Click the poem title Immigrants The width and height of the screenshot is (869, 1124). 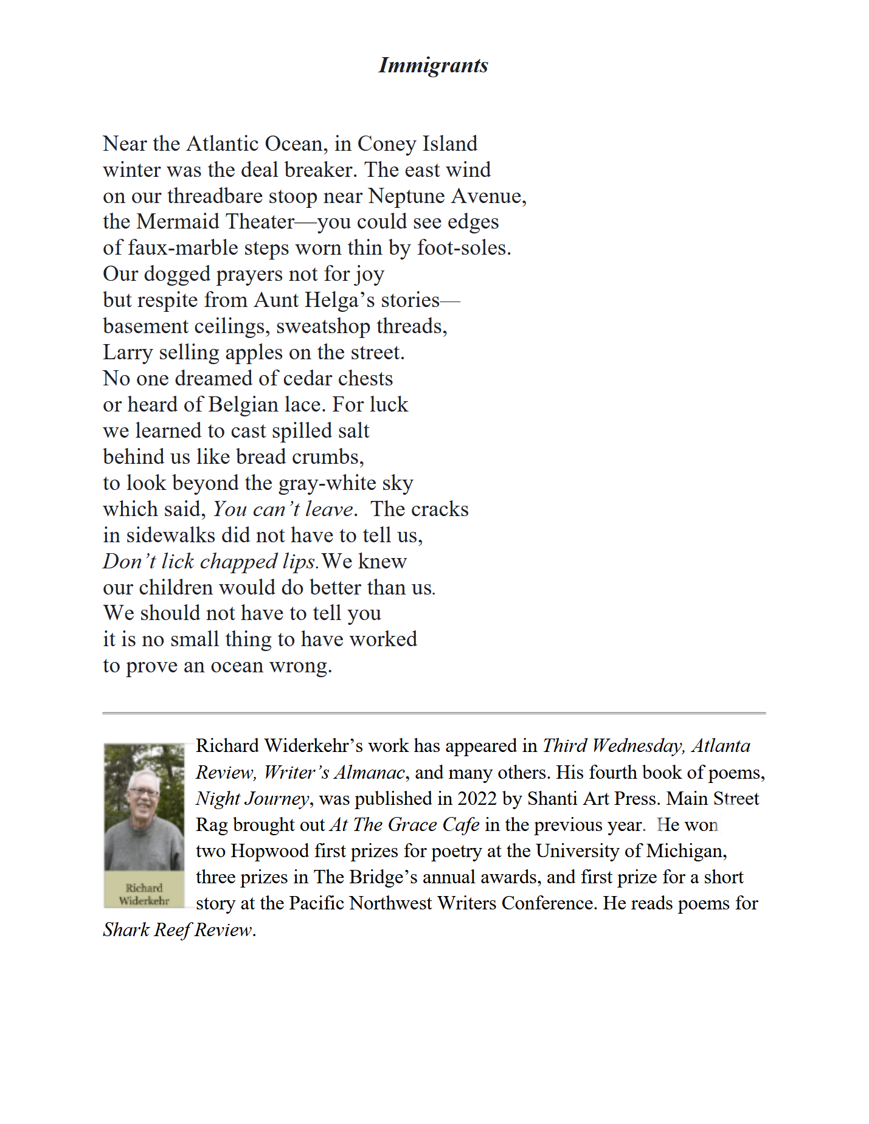click(x=433, y=65)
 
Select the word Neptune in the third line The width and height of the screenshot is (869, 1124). click(x=406, y=196)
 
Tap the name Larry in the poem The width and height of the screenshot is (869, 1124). click(x=128, y=353)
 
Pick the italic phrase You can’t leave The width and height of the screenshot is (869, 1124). click(x=283, y=509)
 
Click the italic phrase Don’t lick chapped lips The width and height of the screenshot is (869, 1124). click(x=210, y=562)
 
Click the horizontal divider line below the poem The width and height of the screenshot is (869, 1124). click(x=433, y=712)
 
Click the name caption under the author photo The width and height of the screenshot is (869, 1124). click(x=144, y=894)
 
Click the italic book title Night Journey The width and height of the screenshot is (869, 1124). click(x=252, y=799)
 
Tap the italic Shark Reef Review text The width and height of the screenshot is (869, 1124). click(x=178, y=930)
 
